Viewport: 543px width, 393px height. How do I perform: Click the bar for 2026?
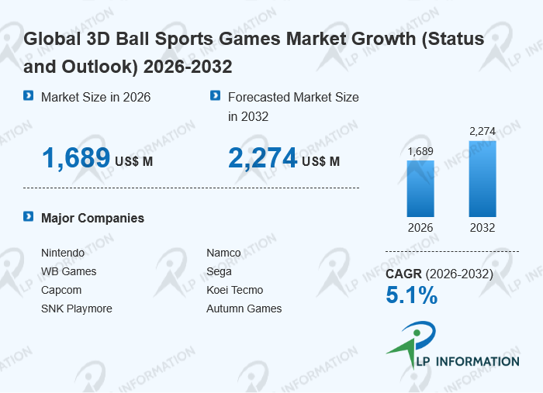420,188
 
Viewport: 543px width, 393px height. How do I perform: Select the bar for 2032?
482,178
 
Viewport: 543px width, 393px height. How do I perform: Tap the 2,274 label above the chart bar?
482,131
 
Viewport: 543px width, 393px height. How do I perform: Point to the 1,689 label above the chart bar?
420,151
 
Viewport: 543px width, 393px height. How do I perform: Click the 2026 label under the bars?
420,228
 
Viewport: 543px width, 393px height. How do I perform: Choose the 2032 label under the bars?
482,228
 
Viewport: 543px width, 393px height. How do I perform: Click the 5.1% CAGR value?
411,295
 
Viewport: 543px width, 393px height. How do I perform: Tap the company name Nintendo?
63,253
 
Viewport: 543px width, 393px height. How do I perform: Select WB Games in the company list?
69,271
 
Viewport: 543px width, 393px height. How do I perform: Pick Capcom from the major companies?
61,290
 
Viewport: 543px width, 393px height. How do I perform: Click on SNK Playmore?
77,309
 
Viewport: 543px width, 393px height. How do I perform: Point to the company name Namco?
223,253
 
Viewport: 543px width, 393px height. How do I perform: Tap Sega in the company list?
219,271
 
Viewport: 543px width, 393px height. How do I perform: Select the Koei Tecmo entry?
234,290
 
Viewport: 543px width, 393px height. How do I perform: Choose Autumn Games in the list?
244,309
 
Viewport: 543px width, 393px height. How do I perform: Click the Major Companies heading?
92,218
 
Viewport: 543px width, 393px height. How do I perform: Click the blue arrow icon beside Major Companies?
29,217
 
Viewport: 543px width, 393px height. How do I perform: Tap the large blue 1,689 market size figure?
76,158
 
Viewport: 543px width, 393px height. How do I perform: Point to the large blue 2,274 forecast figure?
263,158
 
